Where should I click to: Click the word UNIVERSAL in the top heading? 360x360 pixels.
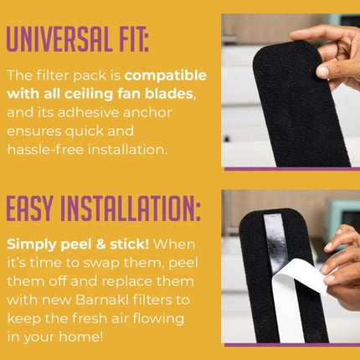pyautogui.click(x=59, y=39)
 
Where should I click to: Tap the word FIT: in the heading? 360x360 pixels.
pyautogui.click(x=133, y=39)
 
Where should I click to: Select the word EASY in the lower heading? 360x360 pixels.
pyautogui.click(x=29, y=208)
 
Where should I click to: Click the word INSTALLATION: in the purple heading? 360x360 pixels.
pyautogui.click(x=131, y=208)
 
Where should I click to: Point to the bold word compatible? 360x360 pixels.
pyautogui.click(x=166, y=76)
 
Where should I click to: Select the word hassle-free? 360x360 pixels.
pyautogui.click(x=45, y=149)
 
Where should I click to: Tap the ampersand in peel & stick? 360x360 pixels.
pyautogui.click(x=100, y=244)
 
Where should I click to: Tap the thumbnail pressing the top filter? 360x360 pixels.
pyautogui.click(x=322, y=71)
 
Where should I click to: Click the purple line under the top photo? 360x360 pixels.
pyautogui.click(x=292, y=169)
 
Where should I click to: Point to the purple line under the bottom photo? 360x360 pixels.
pyautogui.click(x=292, y=345)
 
